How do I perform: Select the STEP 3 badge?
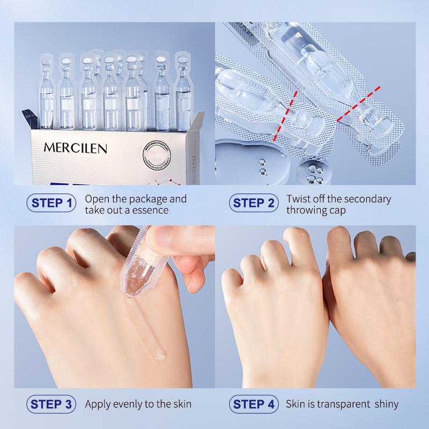[52, 404]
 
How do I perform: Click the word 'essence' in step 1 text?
[150, 210]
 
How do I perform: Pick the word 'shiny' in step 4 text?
[385, 404]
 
